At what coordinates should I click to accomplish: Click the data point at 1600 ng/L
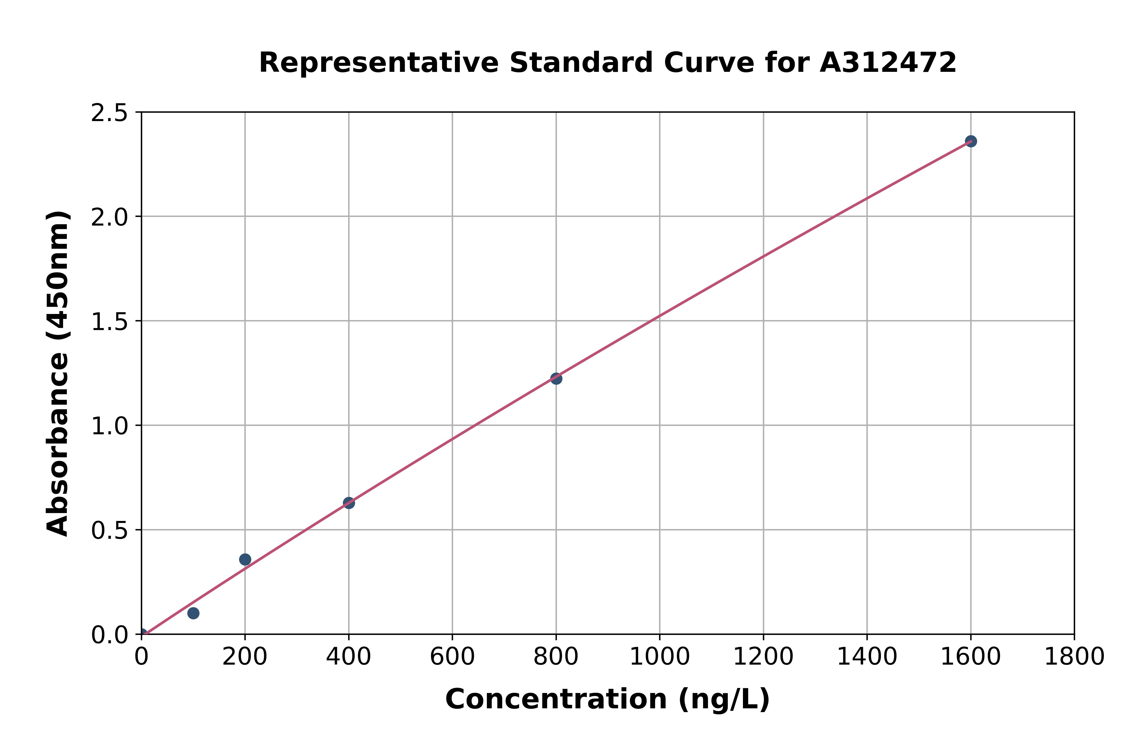click(971, 141)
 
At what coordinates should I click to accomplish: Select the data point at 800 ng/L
click(556, 379)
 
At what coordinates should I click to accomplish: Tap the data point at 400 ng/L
click(349, 503)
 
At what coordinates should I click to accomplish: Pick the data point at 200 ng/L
click(245, 560)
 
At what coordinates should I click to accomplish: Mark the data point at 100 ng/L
click(193, 613)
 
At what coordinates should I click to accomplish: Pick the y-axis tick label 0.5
click(110, 530)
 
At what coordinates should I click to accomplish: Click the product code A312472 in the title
click(888, 63)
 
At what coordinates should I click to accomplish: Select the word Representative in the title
click(379, 63)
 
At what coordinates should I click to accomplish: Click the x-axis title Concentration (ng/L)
click(607, 700)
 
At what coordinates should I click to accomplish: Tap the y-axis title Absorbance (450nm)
click(58, 374)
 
